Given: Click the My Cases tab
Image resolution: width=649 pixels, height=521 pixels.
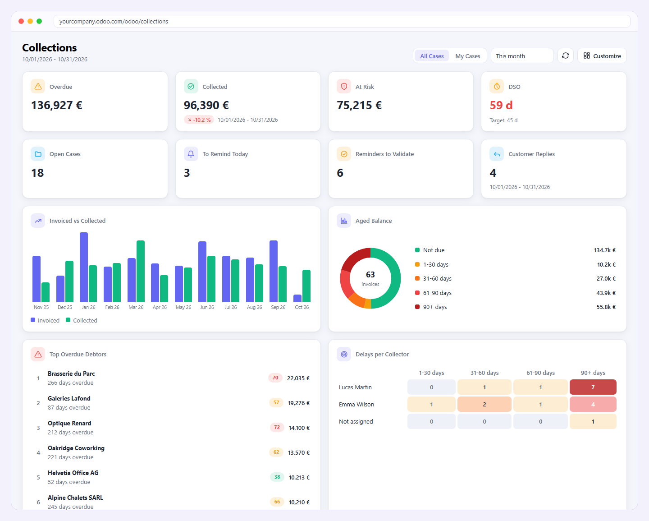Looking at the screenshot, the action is (467, 56).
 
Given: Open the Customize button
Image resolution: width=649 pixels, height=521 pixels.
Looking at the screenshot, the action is (602, 56).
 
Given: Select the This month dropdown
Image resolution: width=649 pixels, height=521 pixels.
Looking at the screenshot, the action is (522, 56).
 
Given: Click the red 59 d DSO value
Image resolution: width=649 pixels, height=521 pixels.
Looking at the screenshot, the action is (501, 105).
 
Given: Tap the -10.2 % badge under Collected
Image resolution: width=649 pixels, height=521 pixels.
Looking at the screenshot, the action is (199, 120).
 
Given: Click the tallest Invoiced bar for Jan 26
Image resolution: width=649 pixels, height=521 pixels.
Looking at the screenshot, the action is (84, 267).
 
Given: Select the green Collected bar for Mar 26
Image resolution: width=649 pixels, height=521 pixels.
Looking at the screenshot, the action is (141, 272).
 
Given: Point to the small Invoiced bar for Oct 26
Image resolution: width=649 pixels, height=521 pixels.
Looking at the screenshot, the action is (297, 298).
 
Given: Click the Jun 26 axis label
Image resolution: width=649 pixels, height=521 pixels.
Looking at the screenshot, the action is (207, 307).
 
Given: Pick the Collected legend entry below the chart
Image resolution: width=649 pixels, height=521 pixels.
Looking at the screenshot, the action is (82, 320).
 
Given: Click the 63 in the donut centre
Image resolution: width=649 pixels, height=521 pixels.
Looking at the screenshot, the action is (370, 274).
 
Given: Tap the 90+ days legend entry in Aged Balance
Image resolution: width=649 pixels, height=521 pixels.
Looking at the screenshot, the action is (431, 307).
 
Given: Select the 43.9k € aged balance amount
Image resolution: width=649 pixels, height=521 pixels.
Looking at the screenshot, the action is (606, 293).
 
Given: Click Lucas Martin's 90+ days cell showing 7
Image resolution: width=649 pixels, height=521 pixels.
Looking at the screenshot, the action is (593, 387).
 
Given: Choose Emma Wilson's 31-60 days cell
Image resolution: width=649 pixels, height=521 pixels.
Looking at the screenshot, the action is (484, 404).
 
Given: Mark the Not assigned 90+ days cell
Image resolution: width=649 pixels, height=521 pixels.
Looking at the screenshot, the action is (593, 421).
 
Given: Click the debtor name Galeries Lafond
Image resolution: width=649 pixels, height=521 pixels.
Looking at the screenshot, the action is (69, 398).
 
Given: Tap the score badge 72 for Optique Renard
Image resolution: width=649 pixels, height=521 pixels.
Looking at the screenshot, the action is (277, 428).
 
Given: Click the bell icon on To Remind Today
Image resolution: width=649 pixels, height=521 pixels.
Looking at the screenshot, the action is (191, 154).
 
